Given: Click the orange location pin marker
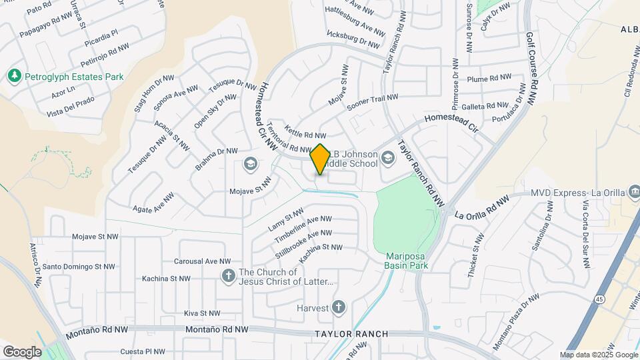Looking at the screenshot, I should [x=320, y=159].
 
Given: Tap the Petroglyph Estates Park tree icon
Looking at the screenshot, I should [x=14, y=77].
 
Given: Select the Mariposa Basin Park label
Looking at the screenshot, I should [x=407, y=261].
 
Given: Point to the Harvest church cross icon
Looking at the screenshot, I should [x=339, y=307].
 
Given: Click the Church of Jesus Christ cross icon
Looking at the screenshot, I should [x=228, y=275].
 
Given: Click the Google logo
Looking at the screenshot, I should [x=22, y=351].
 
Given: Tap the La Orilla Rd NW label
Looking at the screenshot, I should [x=481, y=207].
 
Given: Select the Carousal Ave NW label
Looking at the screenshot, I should [x=202, y=261].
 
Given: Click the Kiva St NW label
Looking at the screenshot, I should [x=202, y=313].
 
